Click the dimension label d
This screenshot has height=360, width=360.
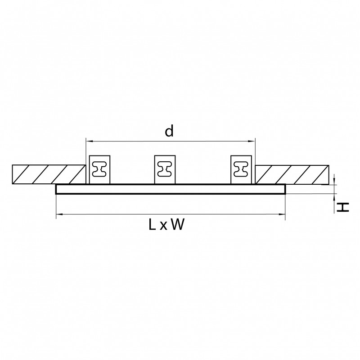tap(169, 131)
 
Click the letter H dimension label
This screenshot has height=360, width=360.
tap(343, 207)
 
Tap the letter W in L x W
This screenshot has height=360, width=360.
tap(177, 225)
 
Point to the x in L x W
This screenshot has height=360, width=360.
tap(164, 227)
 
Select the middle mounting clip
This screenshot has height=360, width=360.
tap(165, 170)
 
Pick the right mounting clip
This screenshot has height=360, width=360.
tap(241, 170)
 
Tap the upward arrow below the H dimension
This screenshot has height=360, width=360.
tap(336, 196)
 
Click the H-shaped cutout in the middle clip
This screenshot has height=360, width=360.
tap(165, 170)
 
